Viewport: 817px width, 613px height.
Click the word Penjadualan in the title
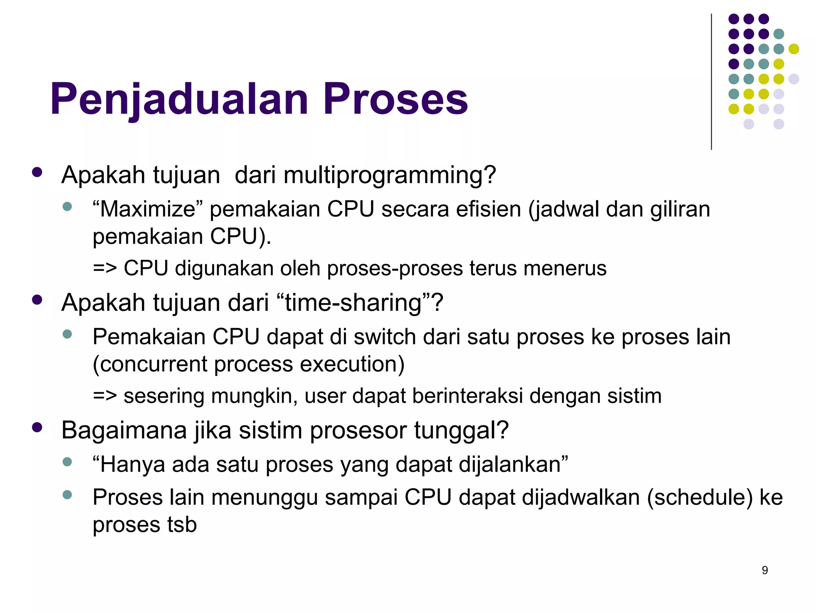click(179, 99)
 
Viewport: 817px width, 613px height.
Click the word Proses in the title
click(395, 99)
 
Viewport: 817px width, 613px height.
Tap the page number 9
click(765, 570)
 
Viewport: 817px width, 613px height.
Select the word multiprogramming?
click(390, 175)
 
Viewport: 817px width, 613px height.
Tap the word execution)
click(352, 364)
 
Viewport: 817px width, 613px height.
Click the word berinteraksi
click(467, 396)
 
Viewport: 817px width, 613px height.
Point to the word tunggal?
click(461, 430)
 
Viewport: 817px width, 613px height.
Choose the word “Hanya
click(129, 465)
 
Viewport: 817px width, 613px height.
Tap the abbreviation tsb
click(182, 524)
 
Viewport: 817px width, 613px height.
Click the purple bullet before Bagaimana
click(37, 428)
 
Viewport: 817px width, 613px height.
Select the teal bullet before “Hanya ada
click(67, 462)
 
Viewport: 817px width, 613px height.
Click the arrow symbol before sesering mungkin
click(105, 396)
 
